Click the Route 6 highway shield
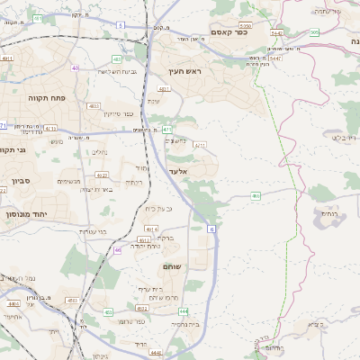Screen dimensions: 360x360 pyautogui.click(x=212, y=230)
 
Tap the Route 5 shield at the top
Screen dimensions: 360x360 pyautogui.click(x=121, y=26)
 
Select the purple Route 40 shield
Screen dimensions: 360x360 pyautogui.click(x=75, y=67)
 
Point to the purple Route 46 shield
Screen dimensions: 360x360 pyautogui.click(x=117, y=250)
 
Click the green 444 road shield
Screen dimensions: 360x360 pyautogui.click(x=184, y=310)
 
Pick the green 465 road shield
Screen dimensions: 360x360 pyautogui.click(x=256, y=194)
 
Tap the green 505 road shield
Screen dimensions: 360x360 pyautogui.click(x=313, y=33)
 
